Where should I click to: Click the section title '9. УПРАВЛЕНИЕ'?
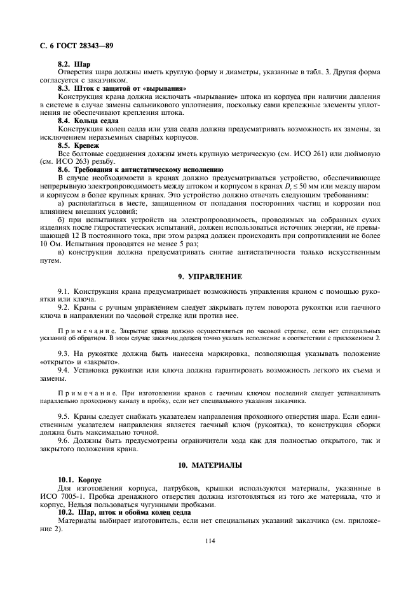tap(210, 276)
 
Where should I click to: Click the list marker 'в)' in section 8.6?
tap(61, 253)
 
